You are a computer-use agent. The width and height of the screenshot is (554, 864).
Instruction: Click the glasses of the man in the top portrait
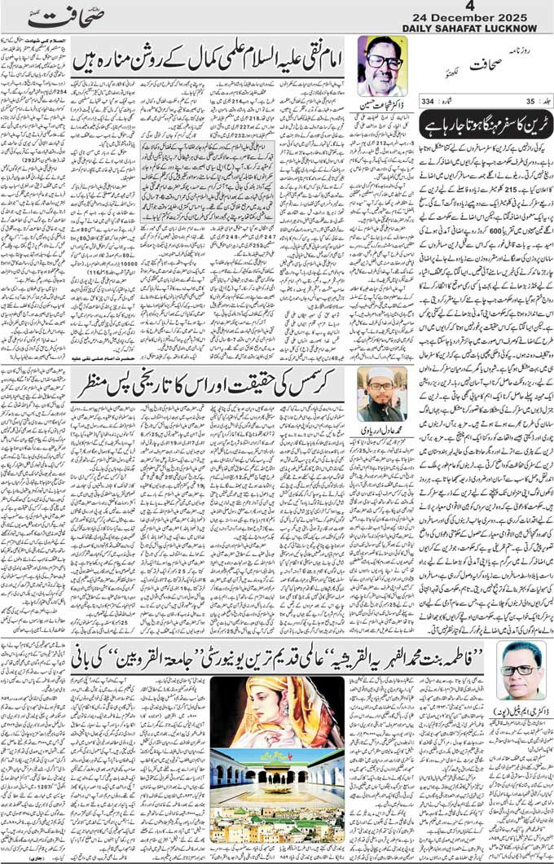384,59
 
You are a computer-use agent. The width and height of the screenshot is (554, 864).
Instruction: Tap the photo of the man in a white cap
381,393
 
